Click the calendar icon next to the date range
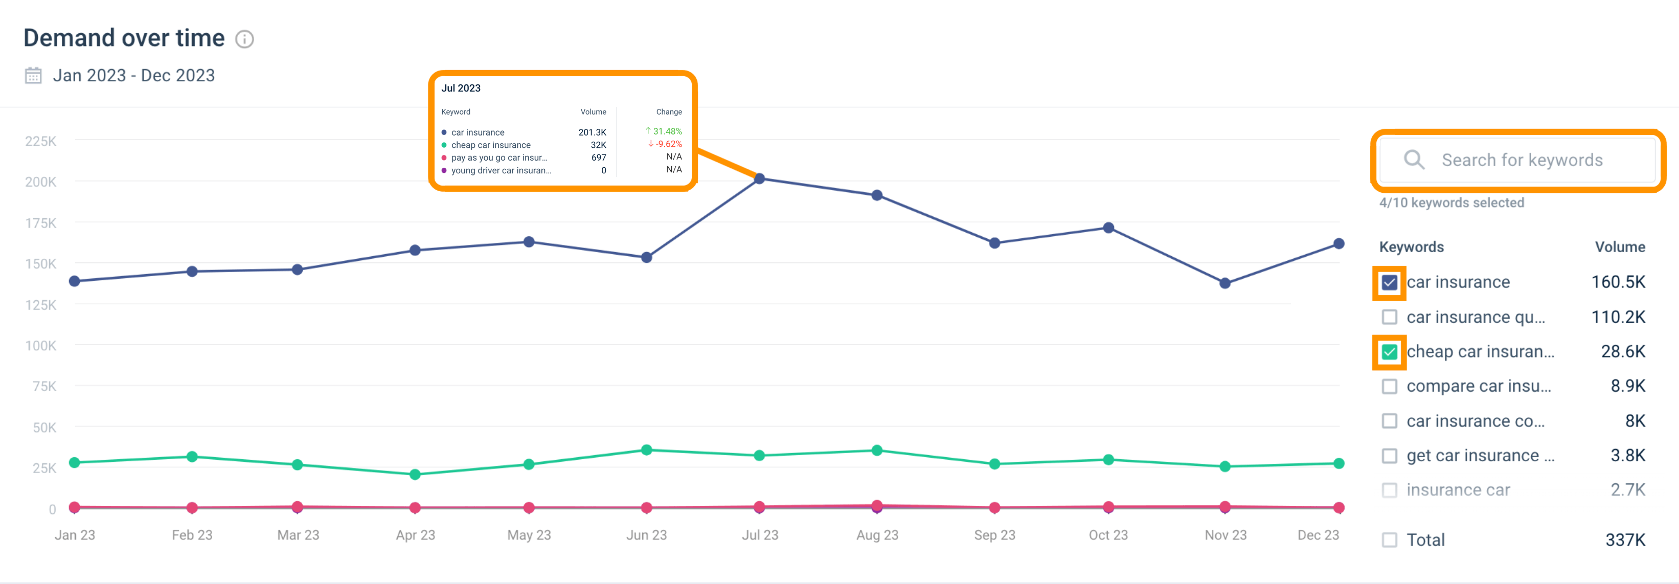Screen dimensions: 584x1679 33,76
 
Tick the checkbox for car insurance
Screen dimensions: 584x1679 1389,283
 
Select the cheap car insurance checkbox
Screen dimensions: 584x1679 1389,352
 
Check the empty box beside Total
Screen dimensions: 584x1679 1389,540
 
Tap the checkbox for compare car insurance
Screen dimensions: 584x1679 1389,387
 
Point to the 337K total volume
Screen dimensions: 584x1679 1625,540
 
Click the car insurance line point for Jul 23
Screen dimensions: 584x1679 759,178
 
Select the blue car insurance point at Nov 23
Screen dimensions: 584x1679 1224,283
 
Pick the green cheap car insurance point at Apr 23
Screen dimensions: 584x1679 415,475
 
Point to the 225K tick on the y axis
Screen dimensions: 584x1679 40,142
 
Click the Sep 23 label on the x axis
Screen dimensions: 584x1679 994,535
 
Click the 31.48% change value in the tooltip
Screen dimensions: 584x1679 667,131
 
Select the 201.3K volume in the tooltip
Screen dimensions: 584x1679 592,132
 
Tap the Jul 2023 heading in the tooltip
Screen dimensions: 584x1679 461,88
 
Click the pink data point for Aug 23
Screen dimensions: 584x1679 877,505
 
